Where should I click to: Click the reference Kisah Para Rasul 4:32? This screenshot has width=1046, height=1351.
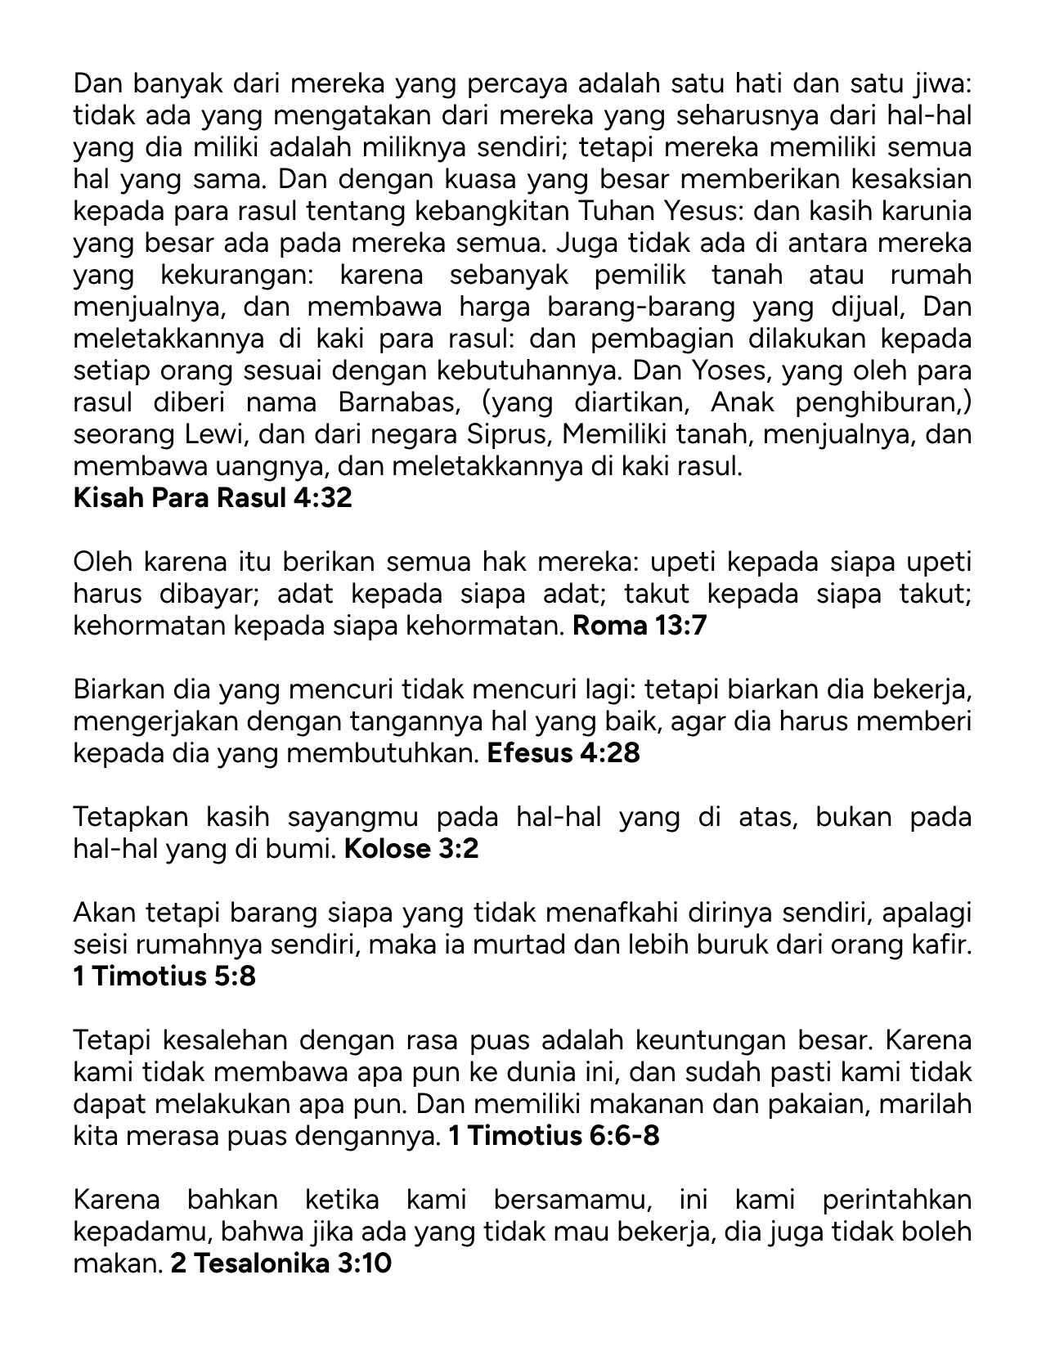click(x=213, y=498)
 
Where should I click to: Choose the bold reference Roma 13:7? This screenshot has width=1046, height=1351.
click(x=640, y=626)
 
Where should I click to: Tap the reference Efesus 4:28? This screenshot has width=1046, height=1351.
click(x=563, y=753)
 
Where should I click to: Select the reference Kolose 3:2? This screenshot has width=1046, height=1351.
click(x=411, y=849)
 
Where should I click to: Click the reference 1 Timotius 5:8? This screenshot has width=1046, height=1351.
click(x=164, y=976)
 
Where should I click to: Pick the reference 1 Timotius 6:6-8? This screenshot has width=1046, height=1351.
click(x=554, y=1136)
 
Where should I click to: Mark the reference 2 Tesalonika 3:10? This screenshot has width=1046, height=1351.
click(x=281, y=1263)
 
